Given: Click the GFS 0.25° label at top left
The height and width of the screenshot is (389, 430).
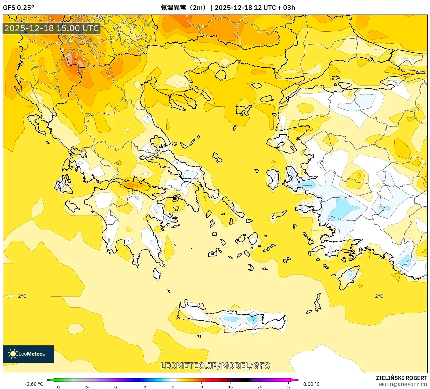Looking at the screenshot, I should pyautogui.click(x=18, y=8).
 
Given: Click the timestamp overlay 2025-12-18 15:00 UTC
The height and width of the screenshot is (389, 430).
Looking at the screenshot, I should pyautogui.click(x=51, y=28).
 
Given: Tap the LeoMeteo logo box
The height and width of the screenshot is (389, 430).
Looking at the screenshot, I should pyautogui.click(x=28, y=354).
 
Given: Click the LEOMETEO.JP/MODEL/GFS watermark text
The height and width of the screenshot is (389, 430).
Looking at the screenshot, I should pyautogui.click(x=215, y=365).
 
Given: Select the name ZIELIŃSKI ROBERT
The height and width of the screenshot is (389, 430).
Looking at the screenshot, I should pyautogui.click(x=401, y=378).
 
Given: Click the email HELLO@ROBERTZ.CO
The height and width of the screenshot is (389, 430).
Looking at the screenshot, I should pyautogui.click(x=402, y=385).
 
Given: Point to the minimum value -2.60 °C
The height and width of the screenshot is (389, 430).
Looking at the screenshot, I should pyautogui.click(x=34, y=384).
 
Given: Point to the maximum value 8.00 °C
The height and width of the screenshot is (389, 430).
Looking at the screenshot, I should pyautogui.click(x=311, y=384).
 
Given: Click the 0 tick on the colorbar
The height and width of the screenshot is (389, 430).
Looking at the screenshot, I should pyautogui.click(x=173, y=387).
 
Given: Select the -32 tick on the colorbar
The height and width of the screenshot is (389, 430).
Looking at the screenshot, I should pyautogui.click(x=57, y=387).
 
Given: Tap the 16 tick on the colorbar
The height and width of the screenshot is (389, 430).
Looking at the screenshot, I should pyautogui.click(x=231, y=387).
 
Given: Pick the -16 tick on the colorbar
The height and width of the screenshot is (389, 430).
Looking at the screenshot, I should pyautogui.click(x=115, y=387).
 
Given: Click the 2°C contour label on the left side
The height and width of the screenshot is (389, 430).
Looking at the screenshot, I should pyautogui.click(x=22, y=296).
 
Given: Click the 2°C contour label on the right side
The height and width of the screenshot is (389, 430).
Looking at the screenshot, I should pyautogui.click(x=379, y=296).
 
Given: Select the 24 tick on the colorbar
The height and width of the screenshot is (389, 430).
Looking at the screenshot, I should pyautogui.click(x=259, y=387).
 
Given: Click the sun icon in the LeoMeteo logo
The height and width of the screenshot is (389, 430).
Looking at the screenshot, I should pyautogui.click(x=13, y=354).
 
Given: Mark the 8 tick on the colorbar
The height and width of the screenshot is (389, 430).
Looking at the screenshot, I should pyautogui.click(x=202, y=387).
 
